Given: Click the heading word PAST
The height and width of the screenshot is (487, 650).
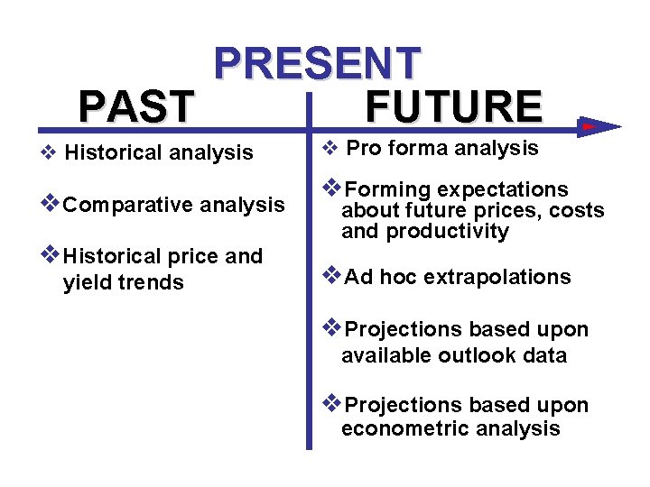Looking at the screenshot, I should pos(135,106).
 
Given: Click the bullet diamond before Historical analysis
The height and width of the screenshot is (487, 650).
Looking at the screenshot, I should pos(51,152).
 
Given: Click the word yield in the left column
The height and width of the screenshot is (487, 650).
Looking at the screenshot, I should pos(86,282).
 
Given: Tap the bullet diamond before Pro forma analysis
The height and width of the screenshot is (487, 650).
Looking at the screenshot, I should pos(330,148).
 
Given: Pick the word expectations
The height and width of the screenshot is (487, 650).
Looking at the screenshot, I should pos(503,189).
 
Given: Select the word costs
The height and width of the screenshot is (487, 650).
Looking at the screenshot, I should pos(578,211).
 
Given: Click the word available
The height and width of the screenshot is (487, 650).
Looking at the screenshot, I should pos(385,355).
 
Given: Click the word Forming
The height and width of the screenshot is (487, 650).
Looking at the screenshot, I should pos(388,189).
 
